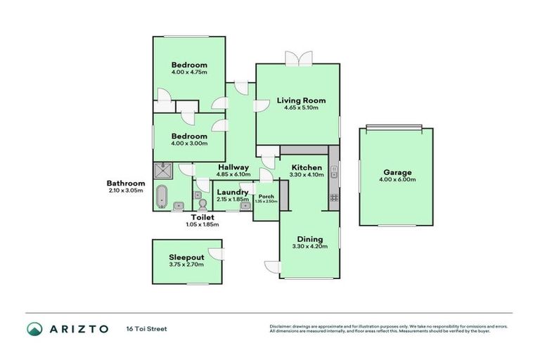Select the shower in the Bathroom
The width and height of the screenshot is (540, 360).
click(162, 170)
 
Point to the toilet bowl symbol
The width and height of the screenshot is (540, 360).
click(202, 204)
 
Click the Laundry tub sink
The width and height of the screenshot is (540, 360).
click(245, 206)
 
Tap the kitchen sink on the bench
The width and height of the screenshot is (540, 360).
click(334, 171)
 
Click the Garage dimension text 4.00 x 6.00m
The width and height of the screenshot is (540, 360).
click(398, 180)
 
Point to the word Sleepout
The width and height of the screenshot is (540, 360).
click(186, 257)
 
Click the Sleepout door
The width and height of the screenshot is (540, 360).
click(219, 255)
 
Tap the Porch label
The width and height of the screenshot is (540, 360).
click(266, 196)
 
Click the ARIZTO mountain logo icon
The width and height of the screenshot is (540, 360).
click(34, 328)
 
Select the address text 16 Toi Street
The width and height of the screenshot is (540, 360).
click(147, 328)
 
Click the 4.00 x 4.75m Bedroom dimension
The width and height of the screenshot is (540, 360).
click(189, 72)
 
